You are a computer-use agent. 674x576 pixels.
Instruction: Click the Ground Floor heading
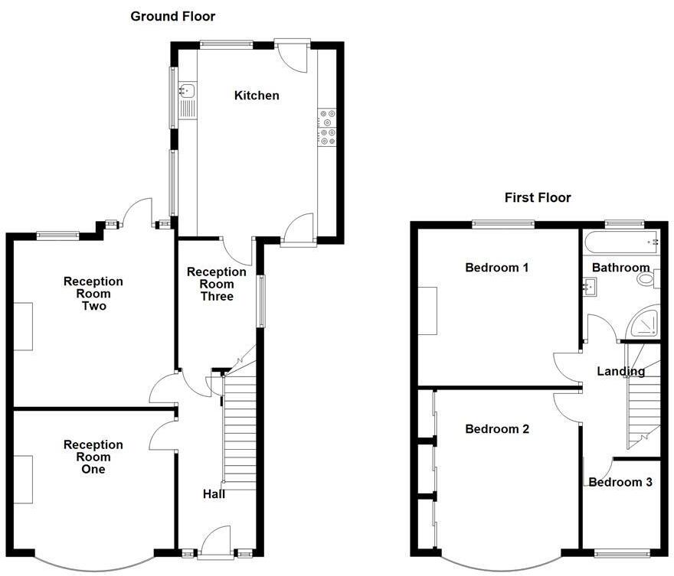coord(172,16)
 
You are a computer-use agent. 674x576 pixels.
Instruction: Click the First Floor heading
coord(537,198)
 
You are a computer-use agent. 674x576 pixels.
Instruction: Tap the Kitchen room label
coord(257,96)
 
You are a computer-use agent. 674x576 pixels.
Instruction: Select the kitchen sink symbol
coord(187,92)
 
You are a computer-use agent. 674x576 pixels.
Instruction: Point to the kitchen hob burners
coord(327,127)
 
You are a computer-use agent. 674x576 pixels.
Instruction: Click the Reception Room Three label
coord(217,284)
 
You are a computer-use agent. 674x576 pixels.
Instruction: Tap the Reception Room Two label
coord(93,294)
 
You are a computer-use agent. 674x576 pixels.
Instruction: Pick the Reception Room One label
coord(93,457)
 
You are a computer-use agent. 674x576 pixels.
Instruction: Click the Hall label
coord(214,494)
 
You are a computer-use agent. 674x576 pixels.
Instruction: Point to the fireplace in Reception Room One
coord(23,480)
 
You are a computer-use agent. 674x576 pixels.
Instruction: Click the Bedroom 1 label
coord(497,268)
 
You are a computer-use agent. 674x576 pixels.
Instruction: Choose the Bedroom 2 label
coord(497,429)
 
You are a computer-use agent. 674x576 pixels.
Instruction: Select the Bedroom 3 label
coord(620,483)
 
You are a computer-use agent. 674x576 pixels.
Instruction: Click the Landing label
coord(621,372)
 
